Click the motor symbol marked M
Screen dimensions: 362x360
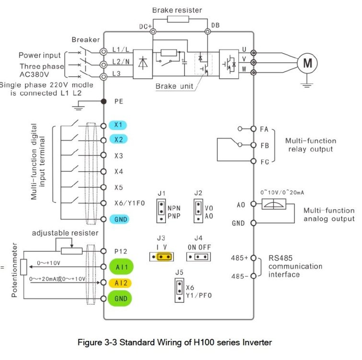(x=307, y=63)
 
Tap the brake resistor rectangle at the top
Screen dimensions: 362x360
(x=178, y=19)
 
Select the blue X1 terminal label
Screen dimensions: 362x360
(x=118, y=125)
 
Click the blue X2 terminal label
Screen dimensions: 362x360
(x=118, y=139)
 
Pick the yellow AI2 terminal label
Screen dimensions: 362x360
(x=120, y=283)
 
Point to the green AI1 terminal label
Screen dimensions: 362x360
(x=121, y=267)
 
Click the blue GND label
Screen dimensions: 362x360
(x=119, y=219)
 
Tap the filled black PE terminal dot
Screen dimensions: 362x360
(x=104, y=101)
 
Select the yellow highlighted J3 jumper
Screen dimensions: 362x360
(x=164, y=257)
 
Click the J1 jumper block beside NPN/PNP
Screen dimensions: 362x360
(x=161, y=211)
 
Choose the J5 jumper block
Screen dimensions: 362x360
(x=179, y=290)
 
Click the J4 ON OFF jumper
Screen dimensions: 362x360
(x=199, y=257)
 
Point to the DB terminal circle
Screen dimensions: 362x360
(x=208, y=31)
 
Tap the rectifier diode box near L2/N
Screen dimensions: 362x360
(x=143, y=64)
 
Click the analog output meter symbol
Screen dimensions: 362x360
(x=274, y=204)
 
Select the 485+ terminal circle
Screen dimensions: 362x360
(x=254, y=258)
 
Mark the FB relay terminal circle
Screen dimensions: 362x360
(x=254, y=145)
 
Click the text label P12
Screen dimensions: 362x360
(x=121, y=252)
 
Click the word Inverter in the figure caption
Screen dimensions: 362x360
(x=257, y=342)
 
